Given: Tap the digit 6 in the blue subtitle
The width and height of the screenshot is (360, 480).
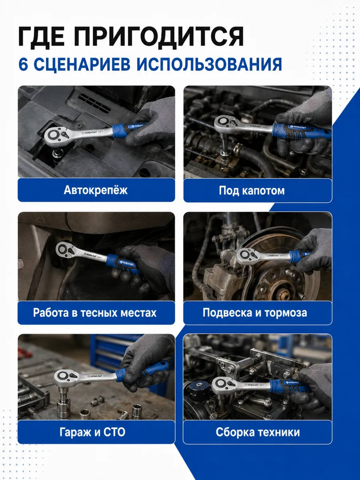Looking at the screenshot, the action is point(23,64).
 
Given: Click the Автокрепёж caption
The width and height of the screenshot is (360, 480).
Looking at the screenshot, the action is point(96,190).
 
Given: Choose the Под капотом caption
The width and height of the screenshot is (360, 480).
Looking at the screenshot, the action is point(252,190).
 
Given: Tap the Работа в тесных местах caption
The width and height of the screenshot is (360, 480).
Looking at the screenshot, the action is point(95,312).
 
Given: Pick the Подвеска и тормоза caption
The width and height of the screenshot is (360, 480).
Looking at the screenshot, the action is point(255,312).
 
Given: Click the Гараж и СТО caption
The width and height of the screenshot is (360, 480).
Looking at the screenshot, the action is point(92,432).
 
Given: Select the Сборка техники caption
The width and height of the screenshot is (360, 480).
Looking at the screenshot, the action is point(258,432).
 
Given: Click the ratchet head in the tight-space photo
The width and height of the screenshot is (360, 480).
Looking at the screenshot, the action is point(65,250).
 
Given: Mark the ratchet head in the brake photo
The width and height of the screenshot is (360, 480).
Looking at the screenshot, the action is point(247,256).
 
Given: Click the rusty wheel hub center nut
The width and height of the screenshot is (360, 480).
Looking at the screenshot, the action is point(285,292).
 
